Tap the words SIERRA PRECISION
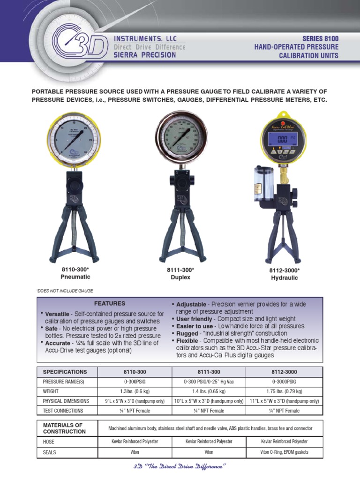pos(145,55)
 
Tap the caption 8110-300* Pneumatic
pos(75,273)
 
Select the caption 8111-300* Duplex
pos(180,274)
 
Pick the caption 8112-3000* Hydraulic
pos(285,274)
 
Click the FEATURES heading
pos(110,303)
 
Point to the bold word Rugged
pos(187,333)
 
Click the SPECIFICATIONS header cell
pos(65,372)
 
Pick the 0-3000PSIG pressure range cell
pos(285,382)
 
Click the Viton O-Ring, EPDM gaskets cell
pos(285,452)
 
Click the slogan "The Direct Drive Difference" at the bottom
pos(180,467)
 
